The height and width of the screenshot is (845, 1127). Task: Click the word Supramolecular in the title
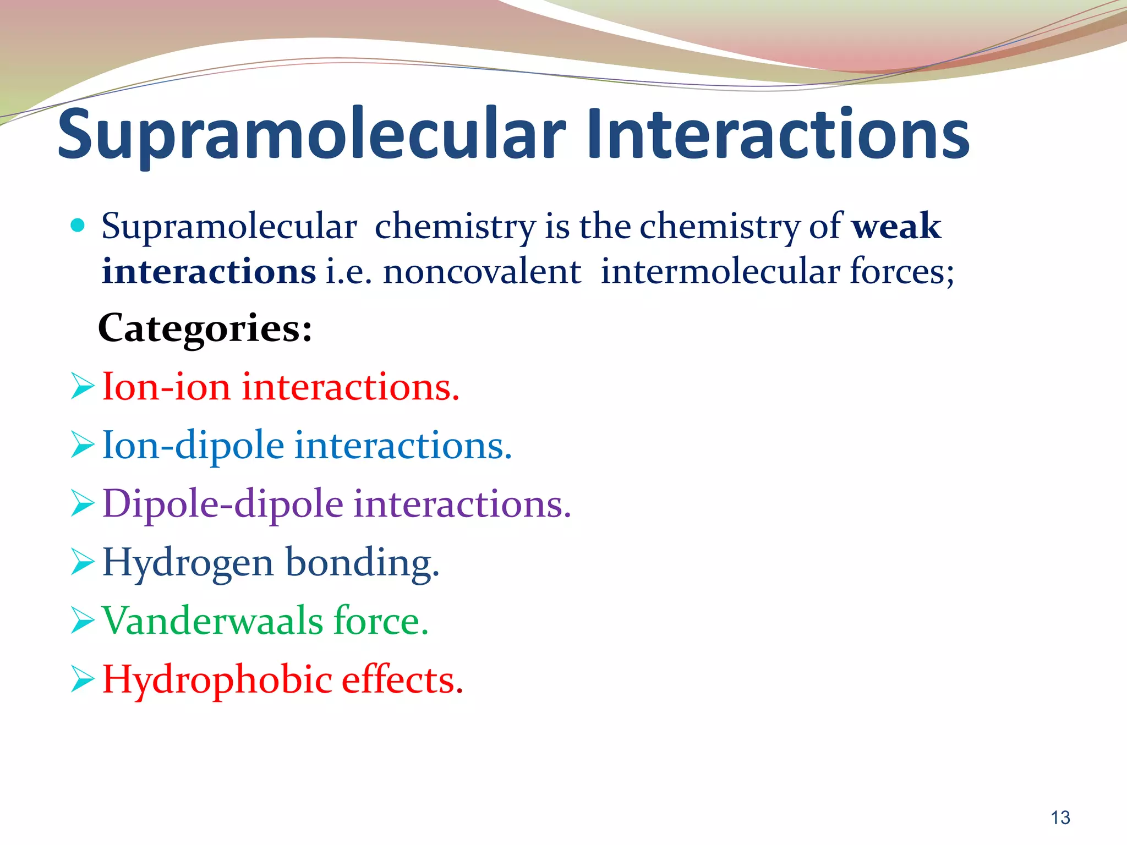pyautogui.click(x=311, y=135)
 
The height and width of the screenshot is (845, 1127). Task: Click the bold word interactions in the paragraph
pyautogui.click(x=209, y=272)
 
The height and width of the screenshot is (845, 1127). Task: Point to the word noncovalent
pyautogui.click(x=482, y=272)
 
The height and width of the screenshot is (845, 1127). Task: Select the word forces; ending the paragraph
pyautogui.click(x=902, y=272)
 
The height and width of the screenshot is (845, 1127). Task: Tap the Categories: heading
pyautogui.click(x=205, y=328)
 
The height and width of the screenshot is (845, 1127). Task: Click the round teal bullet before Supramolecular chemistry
pyautogui.click(x=78, y=225)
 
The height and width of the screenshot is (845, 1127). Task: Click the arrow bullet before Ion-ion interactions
pyautogui.click(x=83, y=387)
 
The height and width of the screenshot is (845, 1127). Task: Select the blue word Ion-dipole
pyautogui.click(x=193, y=445)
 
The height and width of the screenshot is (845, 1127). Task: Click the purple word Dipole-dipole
pyautogui.click(x=223, y=504)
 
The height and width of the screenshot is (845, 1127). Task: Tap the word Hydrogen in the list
pyautogui.click(x=188, y=563)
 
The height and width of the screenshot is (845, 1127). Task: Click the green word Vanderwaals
pyautogui.click(x=212, y=621)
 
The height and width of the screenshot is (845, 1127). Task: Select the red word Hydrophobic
pyautogui.click(x=217, y=680)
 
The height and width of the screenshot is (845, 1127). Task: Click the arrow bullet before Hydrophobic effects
pyautogui.click(x=83, y=680)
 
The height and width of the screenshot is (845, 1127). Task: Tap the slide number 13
pyautogui.click(x=1060, y=818)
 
